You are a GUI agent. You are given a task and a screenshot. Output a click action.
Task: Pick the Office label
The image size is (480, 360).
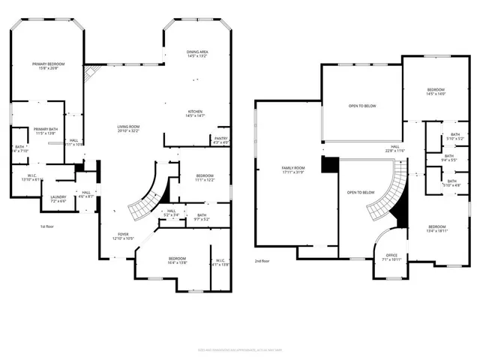(392, 256)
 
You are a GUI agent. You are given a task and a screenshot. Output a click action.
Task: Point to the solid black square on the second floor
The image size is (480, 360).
(328, 164)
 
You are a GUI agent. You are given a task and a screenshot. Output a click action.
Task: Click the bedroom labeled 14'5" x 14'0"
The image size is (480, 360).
(436, 91)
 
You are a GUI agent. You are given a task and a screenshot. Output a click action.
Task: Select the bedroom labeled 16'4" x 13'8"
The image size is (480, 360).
(178, 260)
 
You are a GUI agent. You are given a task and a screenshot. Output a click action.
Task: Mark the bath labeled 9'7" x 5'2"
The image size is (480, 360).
(202, 217)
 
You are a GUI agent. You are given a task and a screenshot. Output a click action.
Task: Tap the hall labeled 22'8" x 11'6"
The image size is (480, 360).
(394, 148)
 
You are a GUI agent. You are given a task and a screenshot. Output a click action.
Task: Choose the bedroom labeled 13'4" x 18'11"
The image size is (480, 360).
(436, 229)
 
